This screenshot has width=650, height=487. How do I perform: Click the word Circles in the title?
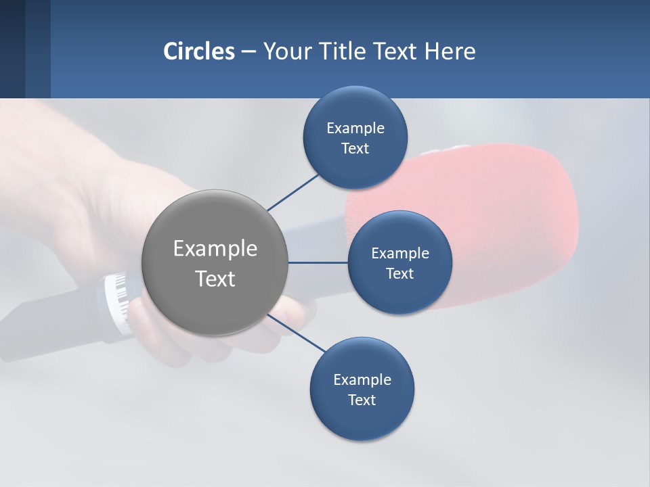199,51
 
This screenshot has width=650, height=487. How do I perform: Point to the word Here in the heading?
450,51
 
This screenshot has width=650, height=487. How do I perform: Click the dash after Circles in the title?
248,52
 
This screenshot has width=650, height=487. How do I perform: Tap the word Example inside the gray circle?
215,249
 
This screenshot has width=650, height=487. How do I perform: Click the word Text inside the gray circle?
215,279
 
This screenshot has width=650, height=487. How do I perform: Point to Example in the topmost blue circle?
355,129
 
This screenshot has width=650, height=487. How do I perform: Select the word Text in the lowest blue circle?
362,400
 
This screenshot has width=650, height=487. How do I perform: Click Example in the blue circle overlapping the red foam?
399,254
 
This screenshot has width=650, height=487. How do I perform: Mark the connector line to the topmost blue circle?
292,192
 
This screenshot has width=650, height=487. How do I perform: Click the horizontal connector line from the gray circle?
318,262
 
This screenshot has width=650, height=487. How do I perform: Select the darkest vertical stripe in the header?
12,49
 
